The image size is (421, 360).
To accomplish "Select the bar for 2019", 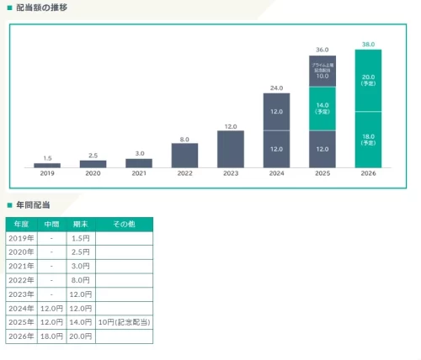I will [47, 165].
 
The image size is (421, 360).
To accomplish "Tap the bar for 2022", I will [184, 155].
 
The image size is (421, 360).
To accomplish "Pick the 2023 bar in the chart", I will [231, 149].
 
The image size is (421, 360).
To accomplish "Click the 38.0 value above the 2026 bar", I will [368, 43].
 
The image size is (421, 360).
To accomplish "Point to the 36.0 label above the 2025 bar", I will [322, 50].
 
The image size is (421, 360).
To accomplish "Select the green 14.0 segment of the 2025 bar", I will [322, 109].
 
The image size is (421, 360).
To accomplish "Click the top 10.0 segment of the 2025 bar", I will [322, 71].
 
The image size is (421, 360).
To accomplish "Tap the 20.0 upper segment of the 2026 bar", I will [368, 81].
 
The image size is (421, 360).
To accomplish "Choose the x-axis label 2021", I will [139, 174].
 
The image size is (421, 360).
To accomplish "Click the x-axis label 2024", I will [276, 174].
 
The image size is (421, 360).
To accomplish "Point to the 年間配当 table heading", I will [33, 204].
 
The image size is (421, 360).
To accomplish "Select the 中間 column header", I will [52, 224].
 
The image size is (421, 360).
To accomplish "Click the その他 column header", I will [124, 224].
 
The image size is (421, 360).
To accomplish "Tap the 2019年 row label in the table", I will [21, 238].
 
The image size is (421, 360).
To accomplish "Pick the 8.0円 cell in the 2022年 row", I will [81, 279].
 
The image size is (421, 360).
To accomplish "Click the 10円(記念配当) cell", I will [124, 321].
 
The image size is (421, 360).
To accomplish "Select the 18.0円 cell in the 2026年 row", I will [52, 336].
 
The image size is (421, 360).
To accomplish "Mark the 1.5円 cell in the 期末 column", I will [81, 238].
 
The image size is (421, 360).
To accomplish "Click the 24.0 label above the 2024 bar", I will [276, 87].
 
